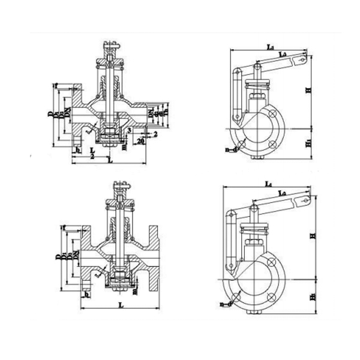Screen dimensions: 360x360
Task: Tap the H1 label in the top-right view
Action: [309, 145]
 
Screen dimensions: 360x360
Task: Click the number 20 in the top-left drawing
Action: [139, 141]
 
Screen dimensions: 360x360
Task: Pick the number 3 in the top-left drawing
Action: [129, 129]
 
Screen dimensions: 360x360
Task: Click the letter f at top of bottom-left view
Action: [63, 227]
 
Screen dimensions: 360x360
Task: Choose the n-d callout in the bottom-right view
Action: [226, 305]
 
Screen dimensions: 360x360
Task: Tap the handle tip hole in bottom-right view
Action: [307, 200]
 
